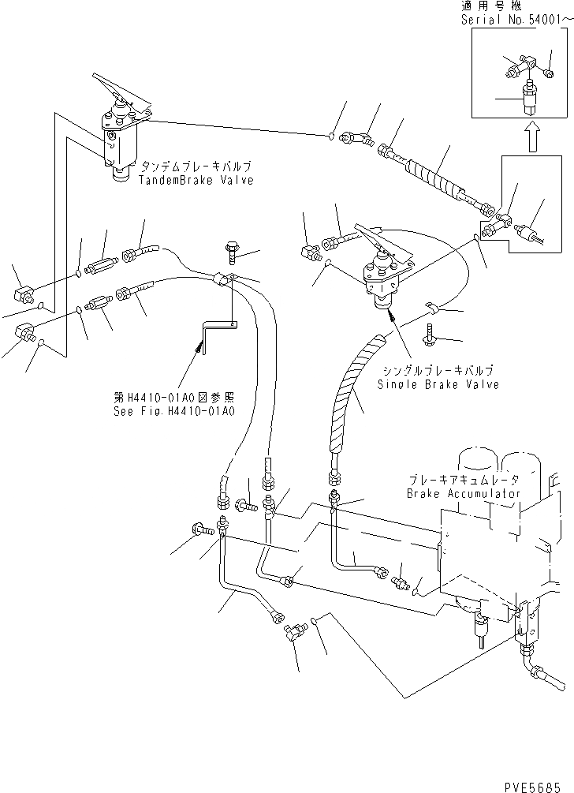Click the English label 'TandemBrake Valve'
point(196,181)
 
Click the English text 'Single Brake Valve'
point(438,384)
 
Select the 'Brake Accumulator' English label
point(464,493)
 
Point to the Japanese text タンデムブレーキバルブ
point(196,168)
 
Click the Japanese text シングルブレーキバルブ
point(438,371)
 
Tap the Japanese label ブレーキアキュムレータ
point(464,480)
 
